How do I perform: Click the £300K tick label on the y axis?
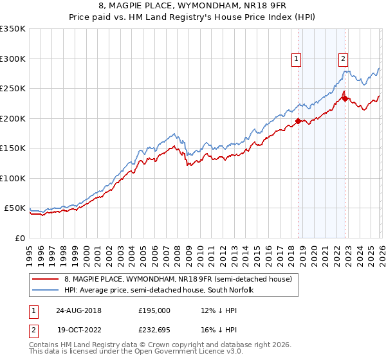tap(13, 59)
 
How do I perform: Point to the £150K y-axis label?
tap(13, 148)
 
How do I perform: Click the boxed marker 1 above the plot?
tap(297, 59)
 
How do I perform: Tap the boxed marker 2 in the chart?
tap(344, 59)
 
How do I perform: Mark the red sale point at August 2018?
tap(298, 121)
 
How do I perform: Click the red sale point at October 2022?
tap(345, 98)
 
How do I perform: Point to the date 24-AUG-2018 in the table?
tap(78, 310)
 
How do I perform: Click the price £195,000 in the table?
tap(154, 310)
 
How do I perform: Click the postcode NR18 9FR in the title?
tap(263, 7)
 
